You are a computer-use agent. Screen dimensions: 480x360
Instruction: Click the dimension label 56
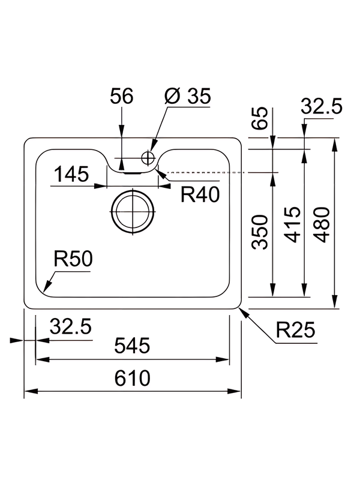pyautogui.click(x=121, y=97)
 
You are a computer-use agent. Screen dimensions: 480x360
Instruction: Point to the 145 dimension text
pyautogui.click(x=71, y=175)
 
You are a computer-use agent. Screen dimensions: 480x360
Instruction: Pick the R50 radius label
pyautogui.click(x=71, y=260)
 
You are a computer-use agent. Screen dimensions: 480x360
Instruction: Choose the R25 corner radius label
pyautogui.click(x=296, y=330)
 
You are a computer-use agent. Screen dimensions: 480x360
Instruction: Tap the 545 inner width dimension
pyautogui.click(x=132, y=347)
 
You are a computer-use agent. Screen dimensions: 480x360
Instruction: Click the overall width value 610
pyautogui.click(x=132, y=379)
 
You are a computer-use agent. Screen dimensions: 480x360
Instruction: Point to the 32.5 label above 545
pyautogui.click(x=70, y=328)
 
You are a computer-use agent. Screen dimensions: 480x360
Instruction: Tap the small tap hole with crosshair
pyautogui.click(x=148, y=158)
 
